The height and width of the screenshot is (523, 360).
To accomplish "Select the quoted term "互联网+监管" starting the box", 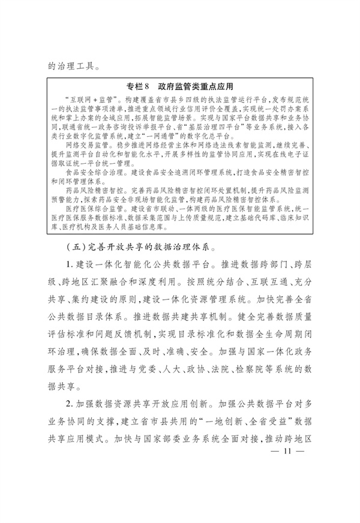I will point(89,97).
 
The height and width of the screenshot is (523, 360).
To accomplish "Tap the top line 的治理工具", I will point(71,60).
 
